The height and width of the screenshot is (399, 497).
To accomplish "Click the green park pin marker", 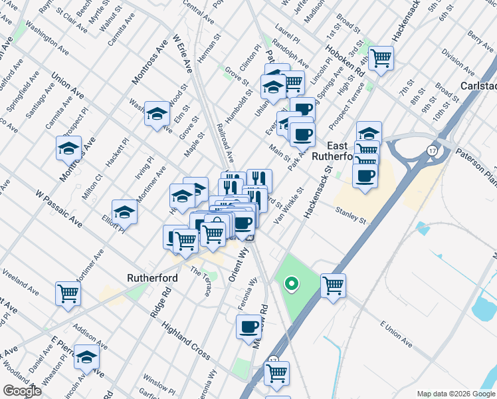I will [290, 285].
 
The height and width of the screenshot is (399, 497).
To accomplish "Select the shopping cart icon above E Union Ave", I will [333, 286].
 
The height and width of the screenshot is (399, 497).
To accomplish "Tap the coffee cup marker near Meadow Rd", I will [249, 327].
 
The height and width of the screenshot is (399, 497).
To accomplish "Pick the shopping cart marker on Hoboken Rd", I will [381, 58].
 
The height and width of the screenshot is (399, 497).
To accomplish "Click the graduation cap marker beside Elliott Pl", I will [124, 211].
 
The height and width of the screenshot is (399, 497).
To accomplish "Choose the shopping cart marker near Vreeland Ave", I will [68, 293].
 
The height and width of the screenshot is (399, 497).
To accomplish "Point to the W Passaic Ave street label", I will [59, 208].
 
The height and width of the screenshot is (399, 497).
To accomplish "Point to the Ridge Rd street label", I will [161, 303].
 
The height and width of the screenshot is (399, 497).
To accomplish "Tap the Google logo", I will [23, 391].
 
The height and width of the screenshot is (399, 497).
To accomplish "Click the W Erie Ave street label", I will [182, 53].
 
